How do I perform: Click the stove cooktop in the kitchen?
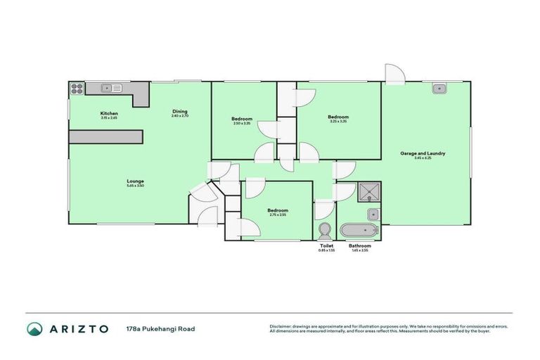tap(77, 89)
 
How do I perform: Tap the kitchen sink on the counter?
tap(109, 89)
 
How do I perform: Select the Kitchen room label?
tap(109, 112)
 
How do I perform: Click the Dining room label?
tap(181, 111)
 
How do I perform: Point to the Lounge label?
tap(136, 181)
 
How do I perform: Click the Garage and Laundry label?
tap(423, 153)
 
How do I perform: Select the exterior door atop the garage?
tap(393, 73)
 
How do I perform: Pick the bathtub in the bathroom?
tap(359, 231)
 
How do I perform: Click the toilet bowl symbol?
tap(325, 230)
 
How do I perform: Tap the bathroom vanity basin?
tap(373, 214)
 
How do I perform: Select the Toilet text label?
tap(326, 245)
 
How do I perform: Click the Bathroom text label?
tap(360, 245)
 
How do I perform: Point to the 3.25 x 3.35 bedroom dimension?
tap(338, 122)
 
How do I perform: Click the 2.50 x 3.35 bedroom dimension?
tap(242, 123)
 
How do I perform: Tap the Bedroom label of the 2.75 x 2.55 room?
tap(277, 210)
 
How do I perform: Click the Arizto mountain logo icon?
tap(34, 328)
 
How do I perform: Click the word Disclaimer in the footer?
tap(281, 326)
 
